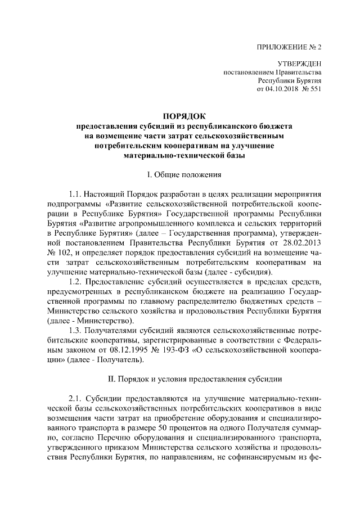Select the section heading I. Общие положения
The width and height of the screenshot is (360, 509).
pos(180,173)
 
